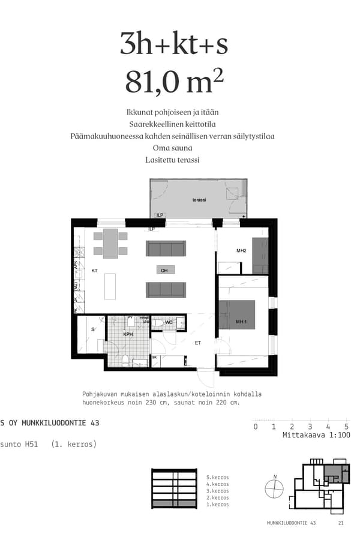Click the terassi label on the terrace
pos(199,200)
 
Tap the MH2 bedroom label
pos(242,250)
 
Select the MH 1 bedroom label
pos(242,322)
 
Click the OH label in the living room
pos(164,271)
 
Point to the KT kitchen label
pos(94,271)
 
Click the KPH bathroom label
pos(128,334)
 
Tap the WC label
pos(169,323)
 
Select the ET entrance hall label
pos(197,343)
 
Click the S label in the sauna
pos(92,330)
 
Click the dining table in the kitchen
pos(110,243)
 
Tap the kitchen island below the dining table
pos(110,286)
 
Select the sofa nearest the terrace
pos(166,248)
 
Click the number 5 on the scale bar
pos(347,427)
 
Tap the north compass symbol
pos(274,489)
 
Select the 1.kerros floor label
pos(217,505)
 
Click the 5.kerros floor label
pos(217,477)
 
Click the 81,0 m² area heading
pos(170,82)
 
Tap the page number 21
pos(341,523)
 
